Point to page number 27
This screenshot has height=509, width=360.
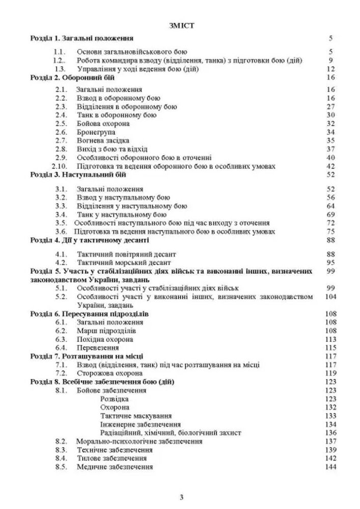pyautogui.click(x=329, y=106)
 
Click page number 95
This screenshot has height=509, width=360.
pyautogui.click(x=329, y=263)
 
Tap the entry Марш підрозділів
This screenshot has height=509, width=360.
pyautogui.click(x=105, y=331)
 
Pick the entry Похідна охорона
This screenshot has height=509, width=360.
pyautogui.click(x=105, y=339)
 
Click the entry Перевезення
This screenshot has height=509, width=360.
pyautogui.click(x=98, y=347)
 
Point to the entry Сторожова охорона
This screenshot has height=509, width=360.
pyautogui.click(x=108, y=373)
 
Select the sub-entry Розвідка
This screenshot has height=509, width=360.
pyautogui.click(x=114, y=399)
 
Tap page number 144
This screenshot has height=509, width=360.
pyautogui.click(x=331, y=467)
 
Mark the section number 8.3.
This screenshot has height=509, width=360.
pyautogui.click(x=61, y=450)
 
